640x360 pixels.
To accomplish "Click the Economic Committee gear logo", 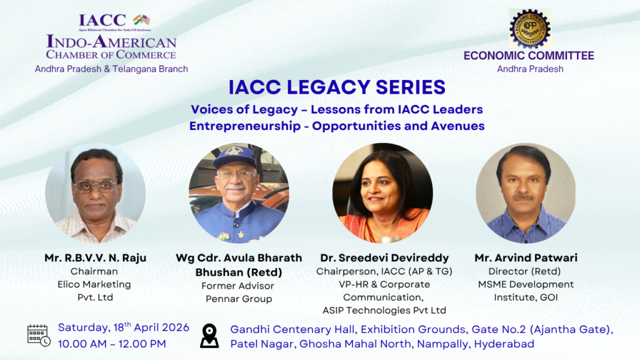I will pyautogui.click(x=529, y=29).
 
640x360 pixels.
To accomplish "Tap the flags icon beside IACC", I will pyautogui.click(x=142, y=20).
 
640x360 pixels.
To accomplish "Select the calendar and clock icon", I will pyautogui.click(x=39, y=336).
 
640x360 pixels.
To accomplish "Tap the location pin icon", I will pyautogui.click(x=209, y=336).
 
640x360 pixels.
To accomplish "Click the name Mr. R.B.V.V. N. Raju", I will pyautogui.click(x=96, y=258).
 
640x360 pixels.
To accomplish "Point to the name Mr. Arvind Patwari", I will pyautogui.click(x=525, y=258).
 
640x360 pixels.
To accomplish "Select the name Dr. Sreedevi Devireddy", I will pyautogui.click(x=384, y=258).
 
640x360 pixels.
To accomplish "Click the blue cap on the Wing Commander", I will pyautogui.click(x=235, y=156).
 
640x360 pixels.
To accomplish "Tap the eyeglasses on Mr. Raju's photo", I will pyautogui.click(x=94, y=186).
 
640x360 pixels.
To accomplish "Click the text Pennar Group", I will pyautogui.click(x=239, y=299).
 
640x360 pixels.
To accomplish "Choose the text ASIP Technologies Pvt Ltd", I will pyautogui.click(x=384, y=310).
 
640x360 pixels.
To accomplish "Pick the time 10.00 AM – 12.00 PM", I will pyautogui.click(x=112, y=343).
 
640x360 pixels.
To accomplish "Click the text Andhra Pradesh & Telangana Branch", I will pyautogui.click(x=111, y=69).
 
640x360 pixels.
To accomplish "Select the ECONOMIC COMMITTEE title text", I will pyautogui.click(x=529, y=56).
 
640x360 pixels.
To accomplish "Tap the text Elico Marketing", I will pyautogui.click(x=94, y=284).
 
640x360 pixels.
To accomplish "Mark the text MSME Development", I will pyautogui.click(x=525, y=284).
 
